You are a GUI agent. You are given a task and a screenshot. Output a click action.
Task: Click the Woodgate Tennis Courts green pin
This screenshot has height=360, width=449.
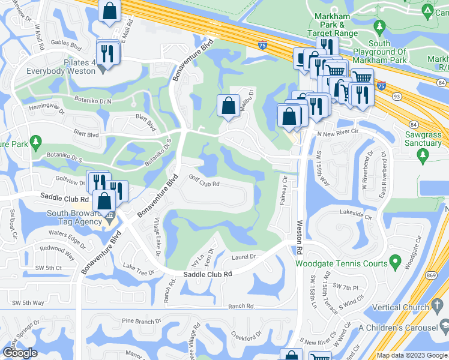395,262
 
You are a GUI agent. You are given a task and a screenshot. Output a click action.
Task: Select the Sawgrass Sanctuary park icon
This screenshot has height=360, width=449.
423,156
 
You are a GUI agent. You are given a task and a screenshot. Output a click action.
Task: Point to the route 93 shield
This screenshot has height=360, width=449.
396,96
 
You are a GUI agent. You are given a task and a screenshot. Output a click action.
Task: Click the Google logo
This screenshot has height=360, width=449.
20,353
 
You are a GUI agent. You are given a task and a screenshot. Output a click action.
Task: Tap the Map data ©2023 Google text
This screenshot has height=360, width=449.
412,355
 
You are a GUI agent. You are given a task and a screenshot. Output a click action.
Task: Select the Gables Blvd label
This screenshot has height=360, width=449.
66,44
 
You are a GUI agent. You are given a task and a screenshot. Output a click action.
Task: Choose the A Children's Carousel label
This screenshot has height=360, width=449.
398,328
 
